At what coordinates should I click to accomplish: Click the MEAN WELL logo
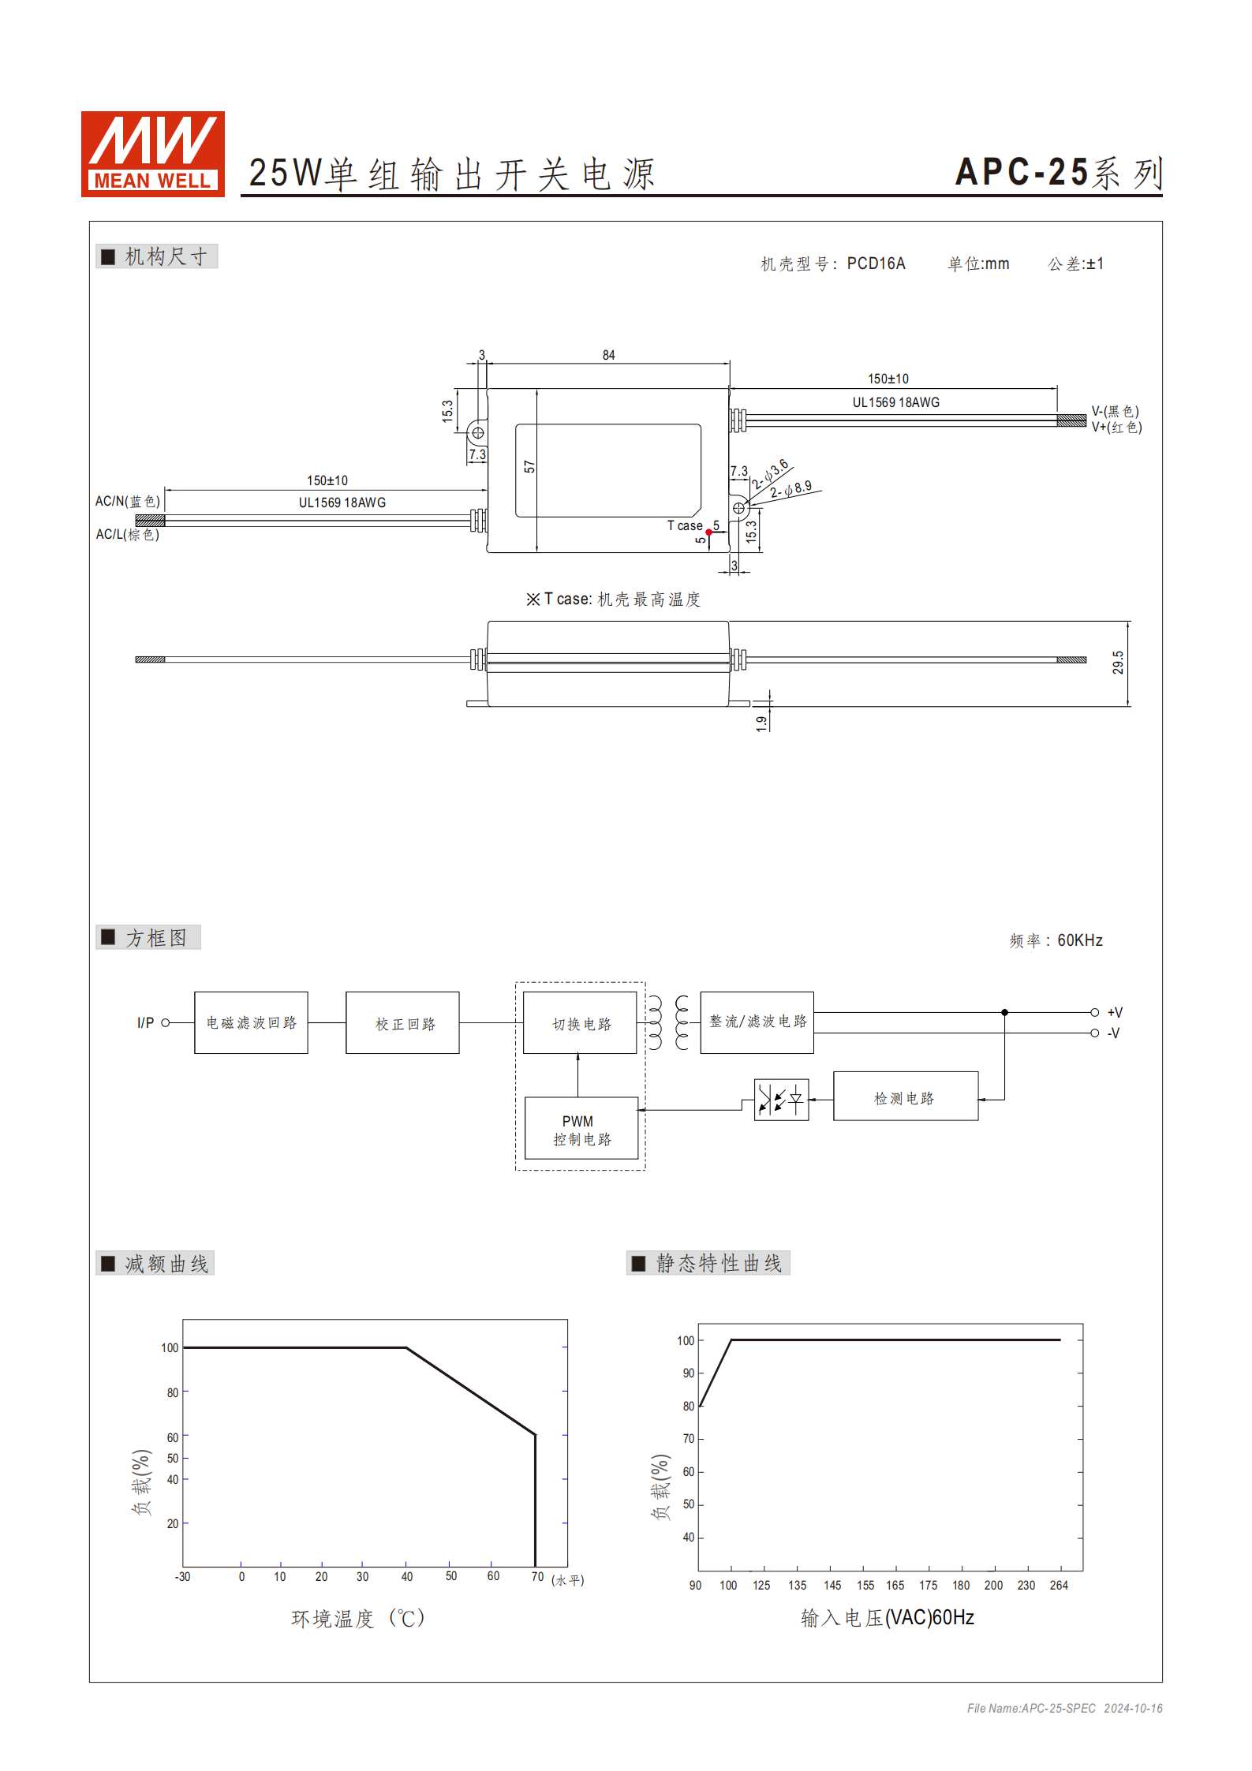click(153, 154)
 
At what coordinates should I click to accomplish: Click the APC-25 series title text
click(1058, 173)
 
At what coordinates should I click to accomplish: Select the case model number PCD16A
click(876, 263)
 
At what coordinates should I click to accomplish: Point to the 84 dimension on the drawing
click(608, 356)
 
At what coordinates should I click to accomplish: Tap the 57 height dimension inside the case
click(529, 467)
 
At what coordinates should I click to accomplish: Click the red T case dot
click(708, 532)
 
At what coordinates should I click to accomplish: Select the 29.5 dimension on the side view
click(1118, 663)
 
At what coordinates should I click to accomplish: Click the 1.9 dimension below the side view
click(761, 723)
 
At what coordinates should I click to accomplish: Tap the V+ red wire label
click(1116, 428)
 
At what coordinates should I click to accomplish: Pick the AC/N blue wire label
click(128, 501)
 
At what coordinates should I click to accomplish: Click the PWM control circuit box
click(581, 1129)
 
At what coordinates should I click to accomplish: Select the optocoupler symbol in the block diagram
click(781, 1099)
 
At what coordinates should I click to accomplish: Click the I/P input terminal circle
click(166, 1023)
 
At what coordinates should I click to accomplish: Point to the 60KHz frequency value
click(1079, 940)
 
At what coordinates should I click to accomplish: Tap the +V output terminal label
click(1115, 1012)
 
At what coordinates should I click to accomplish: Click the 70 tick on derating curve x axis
click(537, 1576)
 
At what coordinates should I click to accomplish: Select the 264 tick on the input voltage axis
click(1059, 1585)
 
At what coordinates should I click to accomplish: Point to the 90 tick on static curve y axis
click(689, 1373)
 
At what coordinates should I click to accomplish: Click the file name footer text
click(1064, 1708)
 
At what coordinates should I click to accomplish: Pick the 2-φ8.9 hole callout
click(791, 489)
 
